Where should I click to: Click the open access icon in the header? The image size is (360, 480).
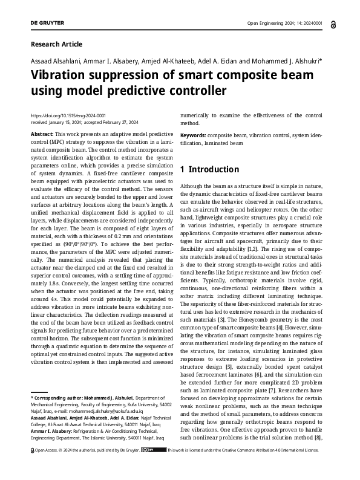327,24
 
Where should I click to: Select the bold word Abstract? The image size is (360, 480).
41,134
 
